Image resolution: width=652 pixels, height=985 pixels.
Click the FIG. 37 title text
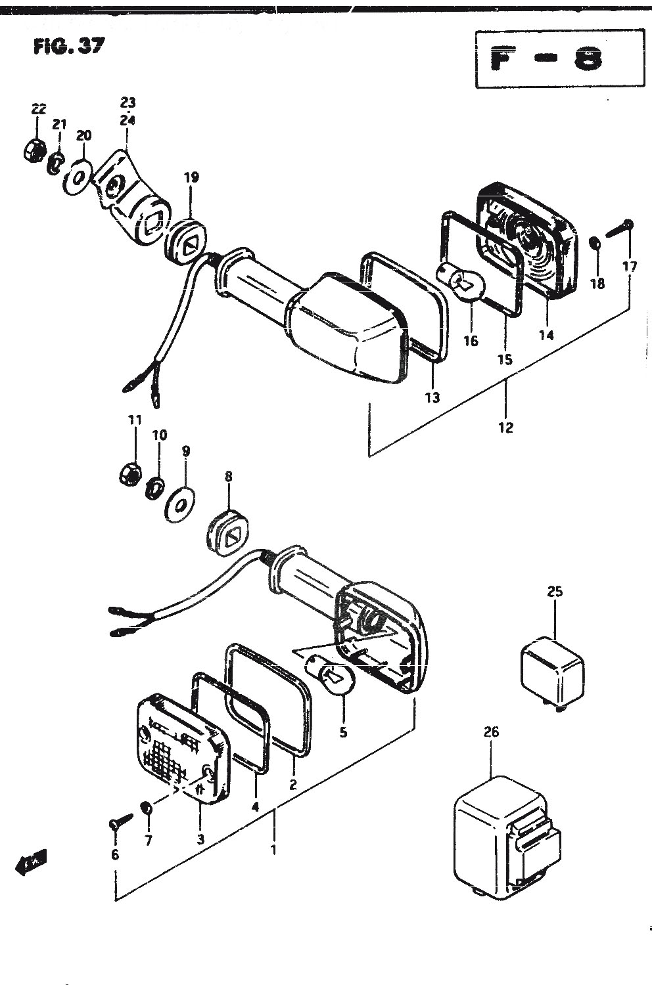(68, 46)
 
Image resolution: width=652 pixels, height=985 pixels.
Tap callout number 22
(38, 109)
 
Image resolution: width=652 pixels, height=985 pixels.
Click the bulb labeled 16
(460, 284)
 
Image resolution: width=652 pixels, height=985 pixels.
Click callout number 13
(432, 398)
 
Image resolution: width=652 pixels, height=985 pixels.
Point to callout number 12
(506, 427)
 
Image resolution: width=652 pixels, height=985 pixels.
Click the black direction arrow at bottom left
(32, 866)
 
